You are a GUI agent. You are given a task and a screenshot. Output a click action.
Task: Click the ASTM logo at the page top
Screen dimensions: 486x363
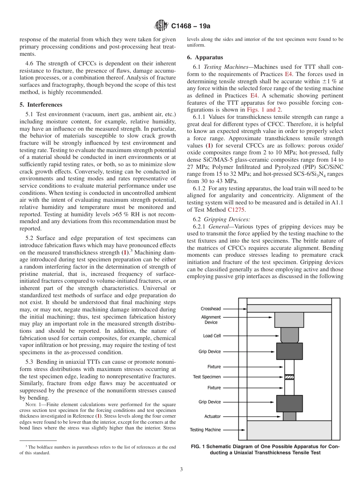click(x=161, y=26)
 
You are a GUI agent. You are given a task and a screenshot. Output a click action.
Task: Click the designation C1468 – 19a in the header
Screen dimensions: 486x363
click(x=191, y=26)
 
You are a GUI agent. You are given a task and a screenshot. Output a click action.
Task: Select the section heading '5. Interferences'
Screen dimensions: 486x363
click(x=41, y=104)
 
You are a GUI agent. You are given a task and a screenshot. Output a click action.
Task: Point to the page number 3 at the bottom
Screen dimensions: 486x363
click(x=181, y=470)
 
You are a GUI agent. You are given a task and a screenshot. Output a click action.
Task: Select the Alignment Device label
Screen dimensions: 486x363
click(x=211, y=319)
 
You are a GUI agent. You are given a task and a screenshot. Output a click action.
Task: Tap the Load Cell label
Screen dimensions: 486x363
click(x=212, y=336)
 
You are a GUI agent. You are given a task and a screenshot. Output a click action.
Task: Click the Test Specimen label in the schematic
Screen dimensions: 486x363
click(x=207, y=377)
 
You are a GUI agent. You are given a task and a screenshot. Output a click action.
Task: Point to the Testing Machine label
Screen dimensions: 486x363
click(x=205, y=430)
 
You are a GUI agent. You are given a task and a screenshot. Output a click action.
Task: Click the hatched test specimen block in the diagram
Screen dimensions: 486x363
click(x=289, y=377)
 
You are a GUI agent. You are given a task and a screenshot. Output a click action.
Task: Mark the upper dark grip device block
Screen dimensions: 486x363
click(x=289, y=351)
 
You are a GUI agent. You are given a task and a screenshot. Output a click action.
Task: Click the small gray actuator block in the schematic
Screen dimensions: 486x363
click(x=289, y=416)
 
